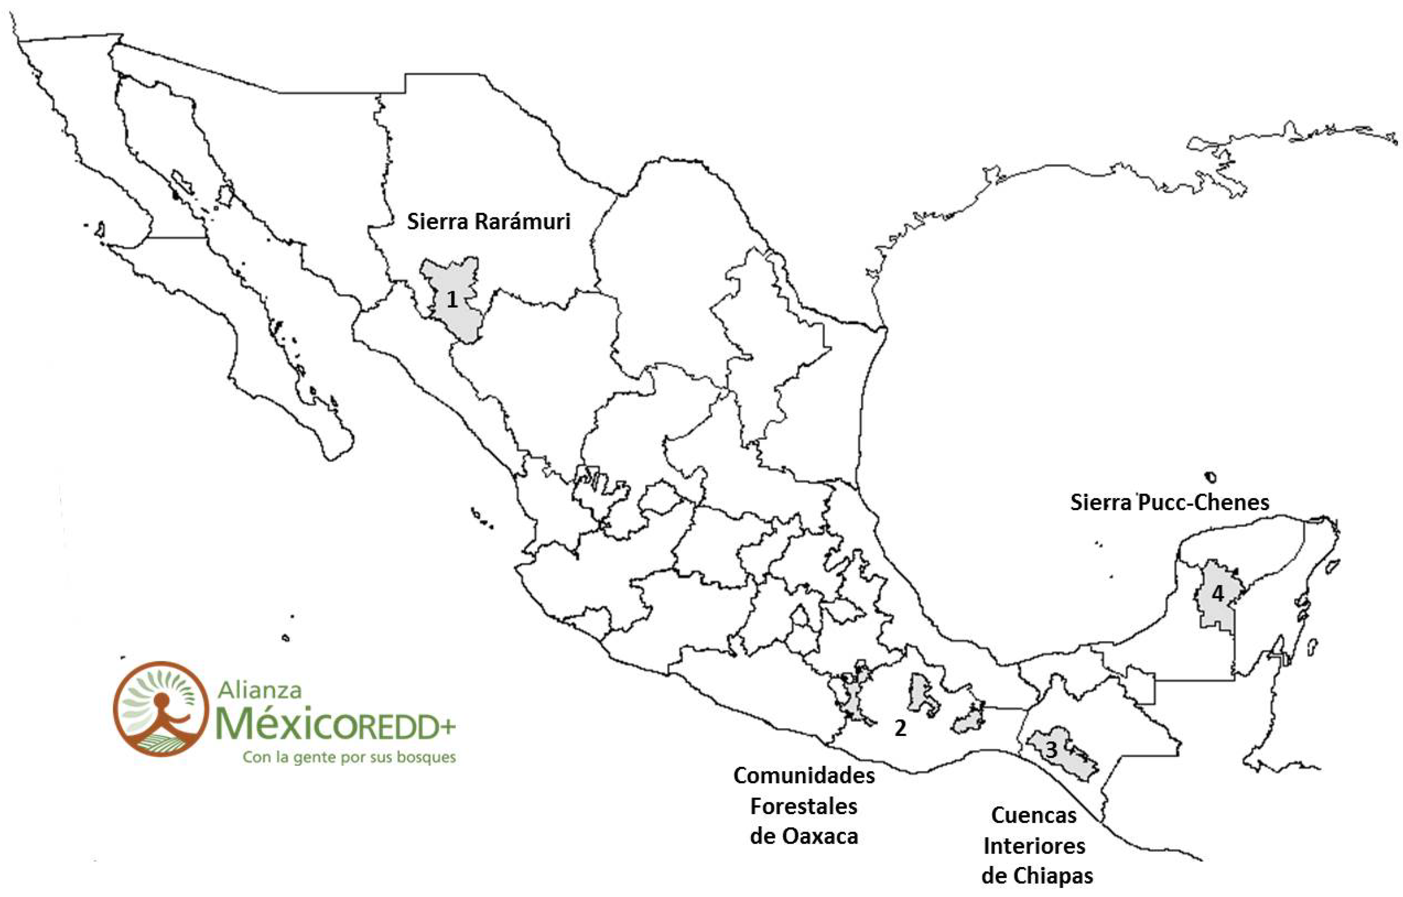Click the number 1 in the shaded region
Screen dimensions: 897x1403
pyautogui.click(x=452, y=300)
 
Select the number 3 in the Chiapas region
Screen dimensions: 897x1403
pyautogui.click(x=1051, y=750)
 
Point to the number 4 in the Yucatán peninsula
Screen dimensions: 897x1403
pyautogui.click(x=1218, y=594)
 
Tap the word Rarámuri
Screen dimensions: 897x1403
pyautogui.click(x=522, y=222)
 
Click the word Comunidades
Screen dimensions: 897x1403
pyautogui.click(x=804, y=776)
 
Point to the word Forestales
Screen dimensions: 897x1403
pyautogui.click(x=804, y=807)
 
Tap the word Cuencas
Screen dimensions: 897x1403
pyautogui.click(x=1034, y=815)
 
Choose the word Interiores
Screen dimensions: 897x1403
pyautogui.click(x=1034, y=846)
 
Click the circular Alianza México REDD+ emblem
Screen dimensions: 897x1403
pyautogui.click(x=160, y=709)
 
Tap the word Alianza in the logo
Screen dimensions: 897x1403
pyautogui.click(x=259, y=690)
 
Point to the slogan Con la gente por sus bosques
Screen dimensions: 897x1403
pyautogui.click(x=349, y=758)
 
